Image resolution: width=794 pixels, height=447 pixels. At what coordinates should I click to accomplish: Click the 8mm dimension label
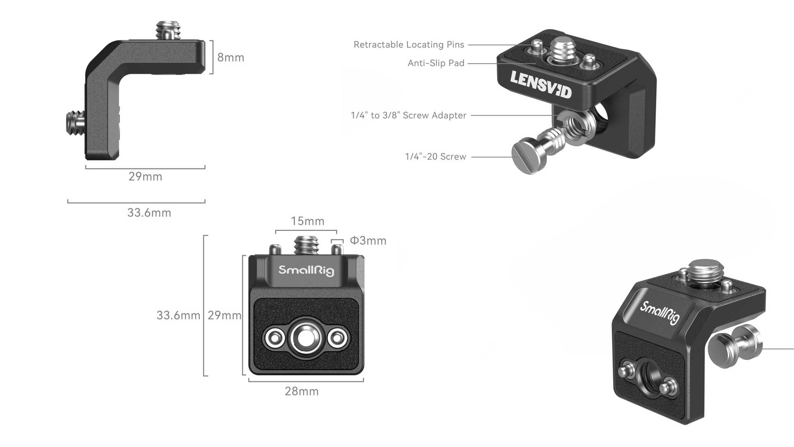231,57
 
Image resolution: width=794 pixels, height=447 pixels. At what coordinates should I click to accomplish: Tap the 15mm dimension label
307,221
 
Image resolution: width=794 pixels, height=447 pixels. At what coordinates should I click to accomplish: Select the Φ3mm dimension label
368,241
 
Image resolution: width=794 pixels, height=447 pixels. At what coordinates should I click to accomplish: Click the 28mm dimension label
301,391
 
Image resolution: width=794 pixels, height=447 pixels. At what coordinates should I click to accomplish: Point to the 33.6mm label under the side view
149,213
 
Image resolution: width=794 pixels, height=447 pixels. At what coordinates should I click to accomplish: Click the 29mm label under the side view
145,177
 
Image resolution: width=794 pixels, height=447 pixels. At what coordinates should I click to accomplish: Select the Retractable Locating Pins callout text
409,45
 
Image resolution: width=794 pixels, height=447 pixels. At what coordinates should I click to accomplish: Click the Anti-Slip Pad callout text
436,63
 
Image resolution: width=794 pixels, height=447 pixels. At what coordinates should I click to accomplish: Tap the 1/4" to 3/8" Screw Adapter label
408,115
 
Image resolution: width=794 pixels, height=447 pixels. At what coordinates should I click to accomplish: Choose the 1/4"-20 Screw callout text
435,157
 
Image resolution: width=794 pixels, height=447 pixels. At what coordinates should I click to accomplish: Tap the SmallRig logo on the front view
306,270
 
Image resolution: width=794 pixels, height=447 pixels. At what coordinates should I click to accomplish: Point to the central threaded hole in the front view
306,338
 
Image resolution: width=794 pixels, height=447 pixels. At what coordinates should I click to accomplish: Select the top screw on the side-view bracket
165,31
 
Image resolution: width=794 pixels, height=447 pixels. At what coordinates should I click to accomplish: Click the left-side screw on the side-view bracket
75,123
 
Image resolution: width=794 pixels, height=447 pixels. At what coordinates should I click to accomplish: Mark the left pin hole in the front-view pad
275,338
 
